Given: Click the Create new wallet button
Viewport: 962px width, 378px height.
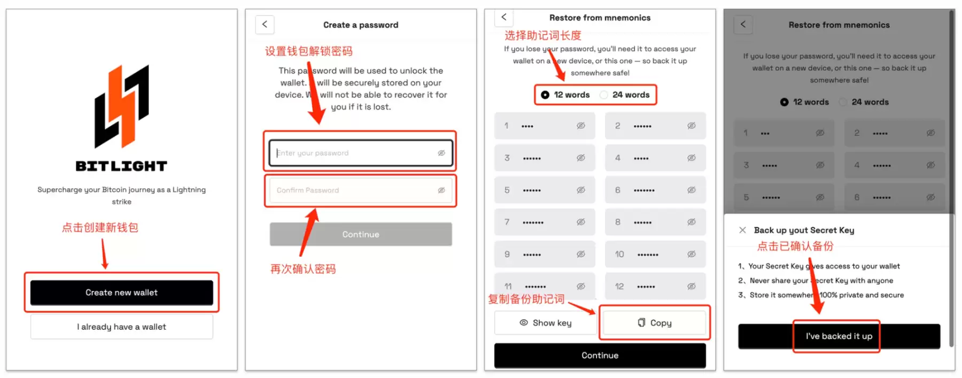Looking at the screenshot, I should tap(121, 292).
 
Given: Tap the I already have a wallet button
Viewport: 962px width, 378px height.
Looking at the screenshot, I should tap(121, 327).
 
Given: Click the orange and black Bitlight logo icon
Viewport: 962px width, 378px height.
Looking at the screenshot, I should tap(122, 106).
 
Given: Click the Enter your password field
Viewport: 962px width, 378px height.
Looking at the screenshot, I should tap(353, 153).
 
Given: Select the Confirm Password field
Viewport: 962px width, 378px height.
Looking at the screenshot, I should tap(353, 190).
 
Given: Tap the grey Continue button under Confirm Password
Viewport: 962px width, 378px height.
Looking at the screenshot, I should tap(361, 234).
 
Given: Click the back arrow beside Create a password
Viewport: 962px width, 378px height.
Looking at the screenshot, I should tap(265, 25).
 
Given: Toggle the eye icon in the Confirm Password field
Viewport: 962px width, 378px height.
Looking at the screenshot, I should tap(441, 190).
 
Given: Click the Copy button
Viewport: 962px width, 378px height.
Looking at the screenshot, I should tap(654, 323).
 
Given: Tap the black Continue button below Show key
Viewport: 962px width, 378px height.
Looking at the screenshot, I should tap(600, 356).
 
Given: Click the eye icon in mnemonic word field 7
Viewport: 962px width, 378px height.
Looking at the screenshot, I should tap(580, 222).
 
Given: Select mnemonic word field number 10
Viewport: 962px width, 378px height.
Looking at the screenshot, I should tap(655, 254).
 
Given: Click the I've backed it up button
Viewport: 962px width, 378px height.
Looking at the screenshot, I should tap(839, 336).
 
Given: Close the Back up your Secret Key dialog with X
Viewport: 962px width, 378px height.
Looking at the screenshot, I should tap(742, 230).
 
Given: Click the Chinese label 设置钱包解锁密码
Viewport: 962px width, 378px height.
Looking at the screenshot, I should tap(308, 51).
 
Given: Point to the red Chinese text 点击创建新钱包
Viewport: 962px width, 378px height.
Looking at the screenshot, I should tap(100, 228).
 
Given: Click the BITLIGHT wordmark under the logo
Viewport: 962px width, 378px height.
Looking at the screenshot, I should tap(121, 166).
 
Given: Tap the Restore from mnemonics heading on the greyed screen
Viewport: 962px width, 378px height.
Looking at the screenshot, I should tap(839, 25).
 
